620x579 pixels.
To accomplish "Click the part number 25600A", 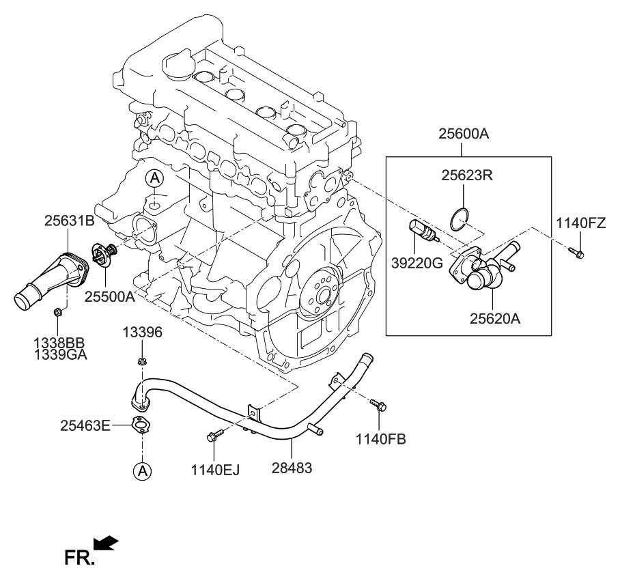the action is [x=464, y=135].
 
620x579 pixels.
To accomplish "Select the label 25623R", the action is [x=467, y=175].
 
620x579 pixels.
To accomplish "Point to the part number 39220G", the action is [x=417, y=263].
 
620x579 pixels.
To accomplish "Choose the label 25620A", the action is [x=495, y=318].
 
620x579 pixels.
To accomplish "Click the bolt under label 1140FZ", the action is [x=576, y=253].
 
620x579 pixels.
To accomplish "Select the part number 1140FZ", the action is [x=580, y=223].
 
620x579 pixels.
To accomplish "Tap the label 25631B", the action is [x=69, y=221].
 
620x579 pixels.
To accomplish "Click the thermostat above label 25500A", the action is [x=104, y=253].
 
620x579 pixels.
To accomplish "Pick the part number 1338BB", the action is [x=59, y=343].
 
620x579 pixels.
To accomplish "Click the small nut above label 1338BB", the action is [x=57, y=312].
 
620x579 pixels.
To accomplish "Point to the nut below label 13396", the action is [x=142, y=361].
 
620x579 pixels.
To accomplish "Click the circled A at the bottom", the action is [x=142, y=470].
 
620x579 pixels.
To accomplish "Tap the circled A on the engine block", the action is [x=154, y=179].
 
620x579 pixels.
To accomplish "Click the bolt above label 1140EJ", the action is [x=215, y=436].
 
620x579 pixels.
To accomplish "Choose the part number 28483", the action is [x=292, y=468].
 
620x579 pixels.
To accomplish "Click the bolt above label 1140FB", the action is [x=378, y=404].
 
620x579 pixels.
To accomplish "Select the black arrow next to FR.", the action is [x=106, y=543].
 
